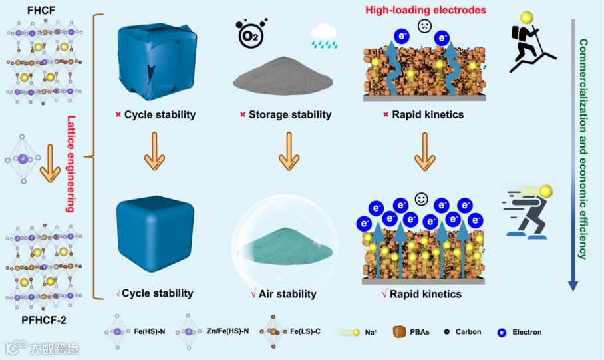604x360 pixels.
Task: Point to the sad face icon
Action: coord(424,27)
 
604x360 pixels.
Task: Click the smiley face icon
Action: coord(420,198)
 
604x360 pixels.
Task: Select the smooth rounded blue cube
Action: coord(155,234)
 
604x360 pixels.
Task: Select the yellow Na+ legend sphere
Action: coord(357,331)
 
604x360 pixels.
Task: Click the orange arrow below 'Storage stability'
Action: coord(289,152)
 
